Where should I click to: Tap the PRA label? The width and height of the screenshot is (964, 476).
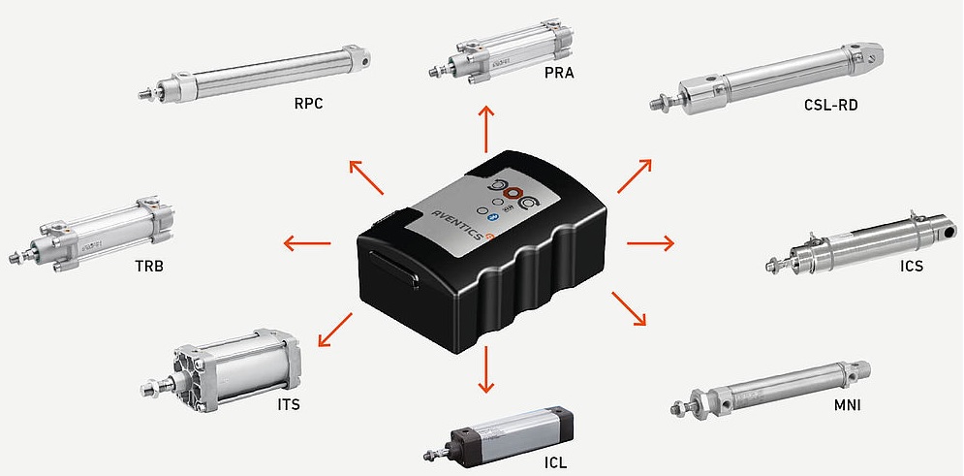559,73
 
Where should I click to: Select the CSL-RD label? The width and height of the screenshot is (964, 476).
830,105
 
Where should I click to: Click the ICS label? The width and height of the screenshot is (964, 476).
911,267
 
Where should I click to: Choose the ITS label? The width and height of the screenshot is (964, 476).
288,405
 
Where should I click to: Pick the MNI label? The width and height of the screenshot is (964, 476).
847,405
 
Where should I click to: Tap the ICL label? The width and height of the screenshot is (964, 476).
555,460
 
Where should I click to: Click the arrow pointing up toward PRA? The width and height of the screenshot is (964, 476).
486,129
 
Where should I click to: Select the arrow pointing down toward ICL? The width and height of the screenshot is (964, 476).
485,369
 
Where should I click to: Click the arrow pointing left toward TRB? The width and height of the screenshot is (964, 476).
307,244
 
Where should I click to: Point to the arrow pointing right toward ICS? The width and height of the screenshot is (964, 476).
650,244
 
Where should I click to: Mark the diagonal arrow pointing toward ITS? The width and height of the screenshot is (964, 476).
335,330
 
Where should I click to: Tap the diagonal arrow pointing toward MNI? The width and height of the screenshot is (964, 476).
629,308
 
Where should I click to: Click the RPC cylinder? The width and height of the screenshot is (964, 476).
255,73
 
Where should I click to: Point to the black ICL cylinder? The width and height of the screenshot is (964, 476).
499,433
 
